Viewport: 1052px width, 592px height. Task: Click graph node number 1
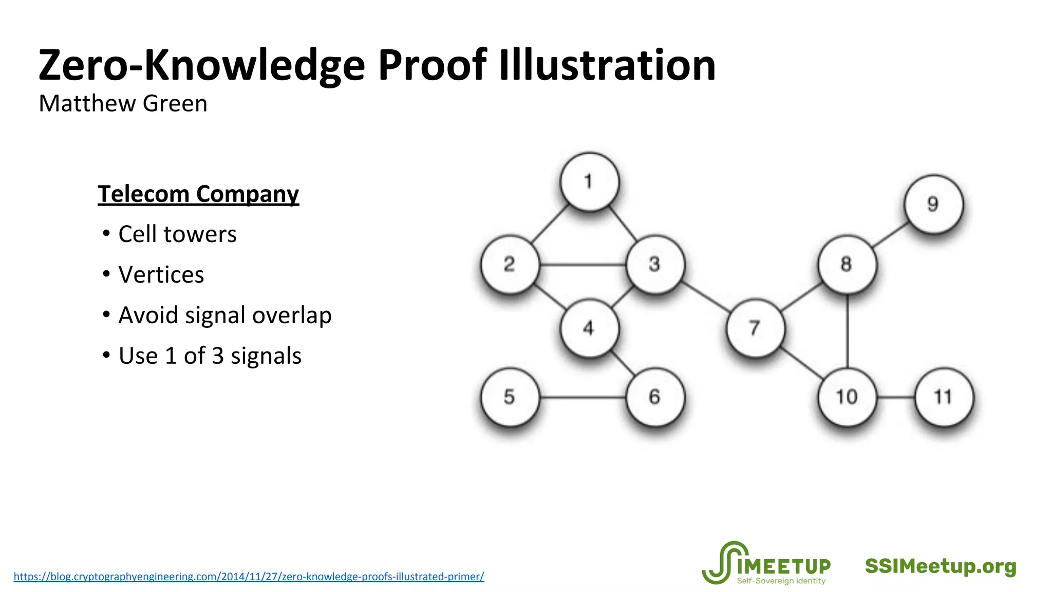point(589,182)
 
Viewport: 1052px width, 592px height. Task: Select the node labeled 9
point(933,204)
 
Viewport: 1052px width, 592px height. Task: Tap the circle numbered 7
point(755,328)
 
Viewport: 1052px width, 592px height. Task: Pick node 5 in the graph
point(510,397)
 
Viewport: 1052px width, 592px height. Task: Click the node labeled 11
point(944,397)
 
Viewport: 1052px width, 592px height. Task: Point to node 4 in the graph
point(589,328)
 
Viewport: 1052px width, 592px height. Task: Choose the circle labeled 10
point(847,397)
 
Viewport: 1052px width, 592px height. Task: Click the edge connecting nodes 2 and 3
point(583,265)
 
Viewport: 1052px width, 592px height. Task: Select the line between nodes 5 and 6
point(583,397)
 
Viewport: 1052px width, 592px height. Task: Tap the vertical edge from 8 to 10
point(847,331)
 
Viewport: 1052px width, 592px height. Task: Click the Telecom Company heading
point(198,194)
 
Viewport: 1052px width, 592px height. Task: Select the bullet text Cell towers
point(177,234)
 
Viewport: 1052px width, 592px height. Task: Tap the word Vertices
point(161,275)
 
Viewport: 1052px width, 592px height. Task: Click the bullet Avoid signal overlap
point(224,316)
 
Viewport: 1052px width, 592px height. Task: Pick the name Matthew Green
point(123,104)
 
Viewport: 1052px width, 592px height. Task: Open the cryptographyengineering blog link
point(249,577)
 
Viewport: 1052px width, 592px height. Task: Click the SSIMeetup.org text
point(941,566)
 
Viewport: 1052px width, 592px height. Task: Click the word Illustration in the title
point(607,66)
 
